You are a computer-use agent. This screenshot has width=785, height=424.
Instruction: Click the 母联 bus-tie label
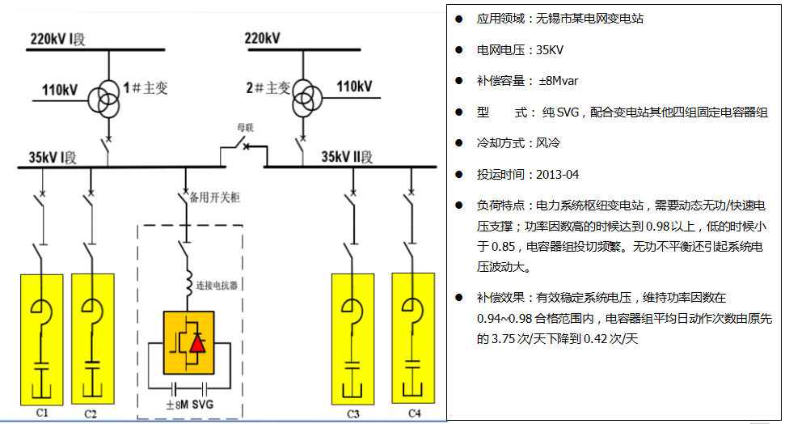(x=246, y=127)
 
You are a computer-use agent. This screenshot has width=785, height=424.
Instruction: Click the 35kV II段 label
(x=348, y=156)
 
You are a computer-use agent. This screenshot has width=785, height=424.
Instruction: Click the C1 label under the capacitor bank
(x=42, y=413)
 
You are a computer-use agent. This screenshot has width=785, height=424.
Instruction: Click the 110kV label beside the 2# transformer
(x=354, y=87)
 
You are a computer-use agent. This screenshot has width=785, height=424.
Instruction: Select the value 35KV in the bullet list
(x=548, y=49)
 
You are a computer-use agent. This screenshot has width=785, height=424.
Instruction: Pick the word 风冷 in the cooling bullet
(x=548, y=143)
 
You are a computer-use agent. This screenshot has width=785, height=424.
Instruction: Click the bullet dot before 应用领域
(x=458, y=18)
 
